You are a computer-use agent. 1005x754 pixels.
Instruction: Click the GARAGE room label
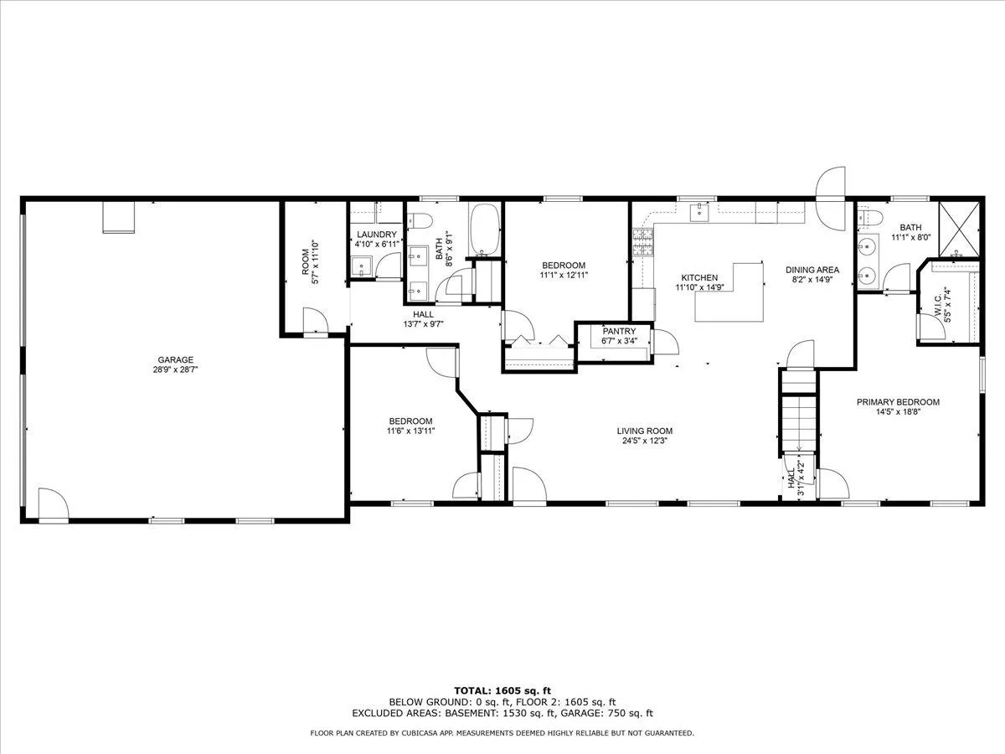[x=175, y=360]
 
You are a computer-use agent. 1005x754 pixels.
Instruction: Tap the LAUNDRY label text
[x=376, y=235]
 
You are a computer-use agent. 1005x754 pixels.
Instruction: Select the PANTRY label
[x=619, y=331]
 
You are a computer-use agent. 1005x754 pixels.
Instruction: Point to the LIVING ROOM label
[x=645, y=431]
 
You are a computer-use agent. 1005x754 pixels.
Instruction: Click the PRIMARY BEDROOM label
[x=899, y=402]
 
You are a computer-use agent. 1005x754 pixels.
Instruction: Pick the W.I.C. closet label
[x=937, y=305]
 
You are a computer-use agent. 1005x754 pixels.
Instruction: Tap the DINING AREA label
[x=812, y=270]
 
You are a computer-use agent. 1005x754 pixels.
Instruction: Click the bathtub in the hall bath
[x=484, y=229]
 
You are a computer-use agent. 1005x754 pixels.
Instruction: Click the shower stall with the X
[x=959, y=229]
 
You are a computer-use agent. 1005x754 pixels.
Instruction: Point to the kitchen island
[x=729, y=292]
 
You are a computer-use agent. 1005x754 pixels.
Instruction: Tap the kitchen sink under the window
[x=699, y=211]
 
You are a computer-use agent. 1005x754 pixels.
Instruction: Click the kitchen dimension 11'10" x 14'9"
[x=699, y=287]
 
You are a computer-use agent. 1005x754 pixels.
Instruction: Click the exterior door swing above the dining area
[x=830, y=198]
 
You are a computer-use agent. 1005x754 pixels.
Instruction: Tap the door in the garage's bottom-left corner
[x=53, y=504]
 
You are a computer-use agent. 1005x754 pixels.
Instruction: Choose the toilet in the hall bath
[x=420, y=220]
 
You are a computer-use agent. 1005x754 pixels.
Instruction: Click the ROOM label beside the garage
[x=306, y=262]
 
